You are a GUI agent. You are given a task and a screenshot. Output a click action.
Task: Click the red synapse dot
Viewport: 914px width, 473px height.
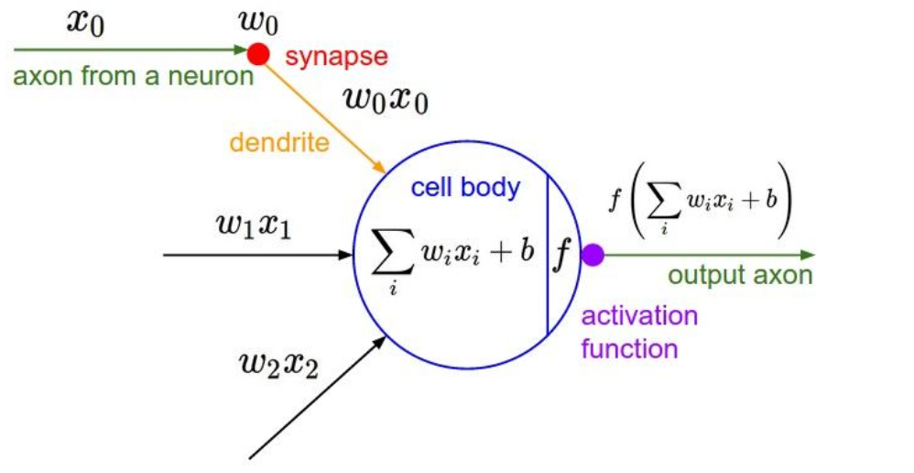point(260,55)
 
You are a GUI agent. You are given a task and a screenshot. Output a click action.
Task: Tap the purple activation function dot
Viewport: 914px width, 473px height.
point(593,256)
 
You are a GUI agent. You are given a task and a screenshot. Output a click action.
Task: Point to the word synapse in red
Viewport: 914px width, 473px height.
point(336,57)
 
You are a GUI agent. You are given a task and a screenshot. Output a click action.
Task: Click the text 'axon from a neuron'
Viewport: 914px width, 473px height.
point(133,75)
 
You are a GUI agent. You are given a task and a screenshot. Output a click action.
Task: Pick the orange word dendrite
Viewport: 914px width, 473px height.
point(279,142)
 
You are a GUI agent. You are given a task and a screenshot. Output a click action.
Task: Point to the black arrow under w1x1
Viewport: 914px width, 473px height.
point(256,254)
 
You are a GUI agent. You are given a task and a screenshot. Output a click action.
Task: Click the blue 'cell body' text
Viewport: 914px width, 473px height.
point(465,188)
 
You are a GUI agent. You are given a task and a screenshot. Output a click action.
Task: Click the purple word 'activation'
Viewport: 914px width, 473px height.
point(640,316)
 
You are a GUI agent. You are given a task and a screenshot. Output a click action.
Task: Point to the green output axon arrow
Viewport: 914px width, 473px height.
point(705,255)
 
